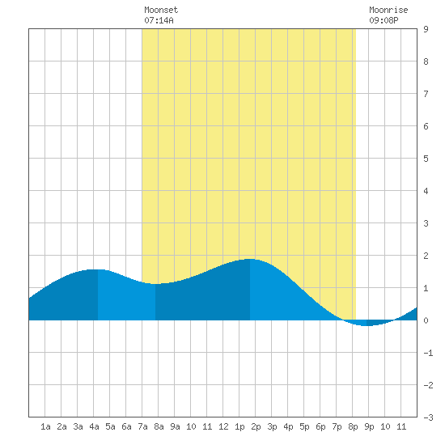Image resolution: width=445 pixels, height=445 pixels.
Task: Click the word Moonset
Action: [x=161, y=10]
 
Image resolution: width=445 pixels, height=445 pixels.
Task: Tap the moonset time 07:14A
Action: [x=159, y=20]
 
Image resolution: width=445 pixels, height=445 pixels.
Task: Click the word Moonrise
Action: [x=388, y=10]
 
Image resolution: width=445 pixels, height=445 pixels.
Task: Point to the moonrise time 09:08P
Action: [x=384, y=20]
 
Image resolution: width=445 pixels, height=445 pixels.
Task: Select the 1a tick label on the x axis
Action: [x=45, y=426]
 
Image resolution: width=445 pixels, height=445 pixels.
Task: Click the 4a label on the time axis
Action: [x=94, y=426]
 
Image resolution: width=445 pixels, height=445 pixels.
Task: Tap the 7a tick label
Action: [x=142, y=426]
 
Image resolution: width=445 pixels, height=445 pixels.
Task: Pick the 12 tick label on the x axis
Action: [x=223, y=426]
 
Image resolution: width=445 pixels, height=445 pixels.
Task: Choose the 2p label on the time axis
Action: [x=256, y=426]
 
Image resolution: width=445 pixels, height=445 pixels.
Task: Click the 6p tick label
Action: [x=320, y=426]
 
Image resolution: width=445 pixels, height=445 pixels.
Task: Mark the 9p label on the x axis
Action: [x=369, y=426]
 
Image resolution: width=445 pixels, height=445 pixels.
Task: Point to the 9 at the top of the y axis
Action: [x=426, y=29]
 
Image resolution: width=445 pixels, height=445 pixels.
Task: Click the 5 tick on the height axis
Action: [x=426, y=159]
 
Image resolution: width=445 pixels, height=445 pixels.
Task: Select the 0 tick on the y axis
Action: [x=426, y=320]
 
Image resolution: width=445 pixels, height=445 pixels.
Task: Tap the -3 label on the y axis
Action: [x=429, y=417]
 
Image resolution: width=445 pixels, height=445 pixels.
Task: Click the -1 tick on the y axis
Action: [x=429, y=353]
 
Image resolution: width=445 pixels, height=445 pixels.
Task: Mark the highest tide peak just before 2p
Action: [x=250, y=259]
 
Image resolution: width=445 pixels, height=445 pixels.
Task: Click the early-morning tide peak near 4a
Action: [x=96, y=269]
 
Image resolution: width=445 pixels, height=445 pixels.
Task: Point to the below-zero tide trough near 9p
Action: [x=367, y=325]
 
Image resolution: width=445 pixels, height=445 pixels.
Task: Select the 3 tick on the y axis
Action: [x=426, y=223]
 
